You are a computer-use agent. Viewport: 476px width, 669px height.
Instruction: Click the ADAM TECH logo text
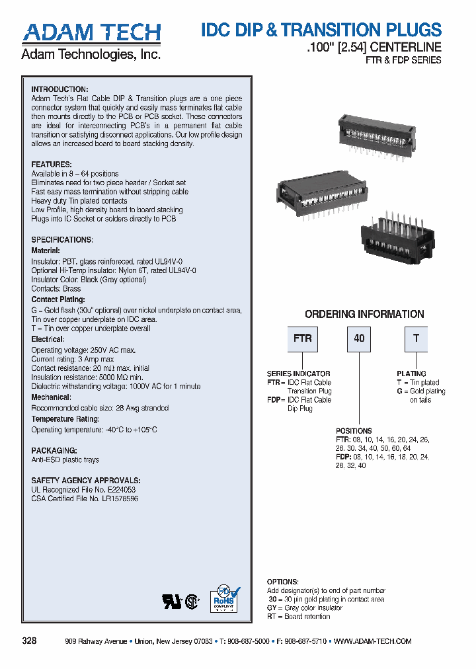91,33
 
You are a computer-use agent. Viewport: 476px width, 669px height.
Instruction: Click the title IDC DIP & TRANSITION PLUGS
321,30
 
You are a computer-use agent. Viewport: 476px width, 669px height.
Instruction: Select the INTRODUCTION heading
59,89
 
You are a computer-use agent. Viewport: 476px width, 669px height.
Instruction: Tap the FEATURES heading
52,164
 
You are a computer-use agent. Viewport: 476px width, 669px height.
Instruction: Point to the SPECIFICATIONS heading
62,239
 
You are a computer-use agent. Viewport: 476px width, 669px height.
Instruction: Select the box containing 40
359,338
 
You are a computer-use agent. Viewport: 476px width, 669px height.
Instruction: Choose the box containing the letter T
416,338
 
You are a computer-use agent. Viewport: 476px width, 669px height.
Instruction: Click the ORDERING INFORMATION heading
364,315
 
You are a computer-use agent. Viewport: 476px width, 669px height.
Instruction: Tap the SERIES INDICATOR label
298,374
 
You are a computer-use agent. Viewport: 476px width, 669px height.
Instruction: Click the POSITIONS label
354,430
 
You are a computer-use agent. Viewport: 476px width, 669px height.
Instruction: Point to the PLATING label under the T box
411,374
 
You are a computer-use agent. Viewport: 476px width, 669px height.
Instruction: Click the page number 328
29,641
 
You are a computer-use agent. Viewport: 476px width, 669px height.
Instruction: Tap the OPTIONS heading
282,582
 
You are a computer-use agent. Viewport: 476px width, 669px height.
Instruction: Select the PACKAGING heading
54,450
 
